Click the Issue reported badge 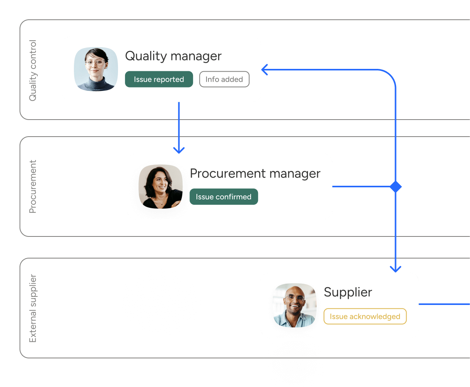pos(159,79)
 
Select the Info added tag pos(224,79)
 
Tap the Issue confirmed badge pos(224,197)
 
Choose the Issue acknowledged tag pos(365,317)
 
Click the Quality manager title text pos(173,56)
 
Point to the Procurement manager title pos(255,173)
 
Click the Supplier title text pos(348,292)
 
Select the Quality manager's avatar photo pos(96,69)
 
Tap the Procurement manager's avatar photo pos(161,187)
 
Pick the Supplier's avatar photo pos(295,305)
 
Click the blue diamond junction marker pos(395,187)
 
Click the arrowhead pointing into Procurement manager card pos(179,150)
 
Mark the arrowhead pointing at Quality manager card pos(265,70)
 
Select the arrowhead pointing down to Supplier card pos(395,269)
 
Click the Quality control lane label pos(33,70)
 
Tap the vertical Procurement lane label pos(33,187)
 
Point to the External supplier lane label pos(33,308)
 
